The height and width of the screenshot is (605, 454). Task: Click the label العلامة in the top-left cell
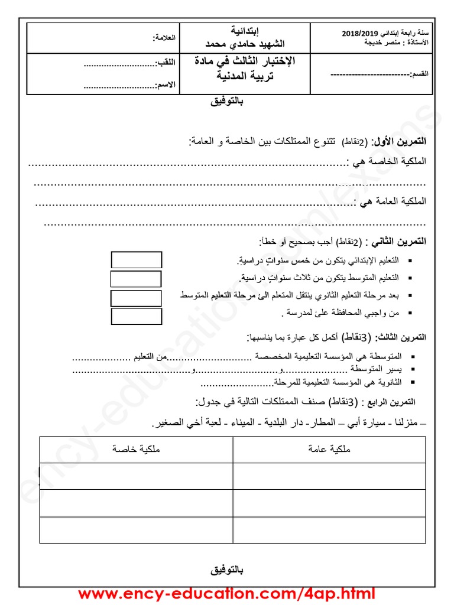point(164,38)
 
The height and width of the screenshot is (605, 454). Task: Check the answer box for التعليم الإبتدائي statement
point(137,259)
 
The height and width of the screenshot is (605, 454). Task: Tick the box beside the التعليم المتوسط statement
point(136,279)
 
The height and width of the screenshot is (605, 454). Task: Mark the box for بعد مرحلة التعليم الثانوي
point(136,298)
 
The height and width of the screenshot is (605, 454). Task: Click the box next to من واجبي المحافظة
point(136,317)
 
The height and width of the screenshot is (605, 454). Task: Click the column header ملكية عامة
point(329,450)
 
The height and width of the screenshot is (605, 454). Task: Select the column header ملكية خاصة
point(137,450)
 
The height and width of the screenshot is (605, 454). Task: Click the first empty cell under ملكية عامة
point(329,476)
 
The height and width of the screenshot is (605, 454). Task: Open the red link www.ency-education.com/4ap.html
point(226,593)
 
